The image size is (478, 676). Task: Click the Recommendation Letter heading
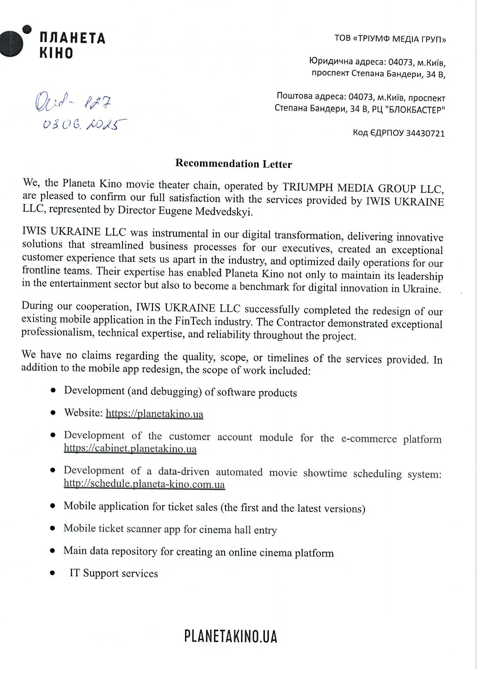pyautogui.click(x=234, y=164)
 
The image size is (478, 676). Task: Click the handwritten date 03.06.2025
pyautogui.click(x=84, y=124)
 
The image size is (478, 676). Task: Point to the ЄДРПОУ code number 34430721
pyautogui.click(x=425, y=134)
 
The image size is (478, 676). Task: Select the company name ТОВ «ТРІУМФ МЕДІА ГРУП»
pyautogui.click(x=390, y=39)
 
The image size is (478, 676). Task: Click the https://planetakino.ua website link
pyautogui.click(x=154, y=414)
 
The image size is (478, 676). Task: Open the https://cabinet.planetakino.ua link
pyautogui.click(x=130, y=449)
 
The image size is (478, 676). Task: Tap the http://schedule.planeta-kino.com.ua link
pyautogui.click(x=144, y=484)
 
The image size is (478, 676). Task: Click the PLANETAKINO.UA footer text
pyautogui.click(x=231, y=637)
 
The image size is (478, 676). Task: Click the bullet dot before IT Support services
pyautogui.click(x=52, y=573)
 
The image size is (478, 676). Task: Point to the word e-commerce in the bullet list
pyautogui.click(x=369, y=439)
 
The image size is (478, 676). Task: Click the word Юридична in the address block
pyautogui.click(x=331, y=61)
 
